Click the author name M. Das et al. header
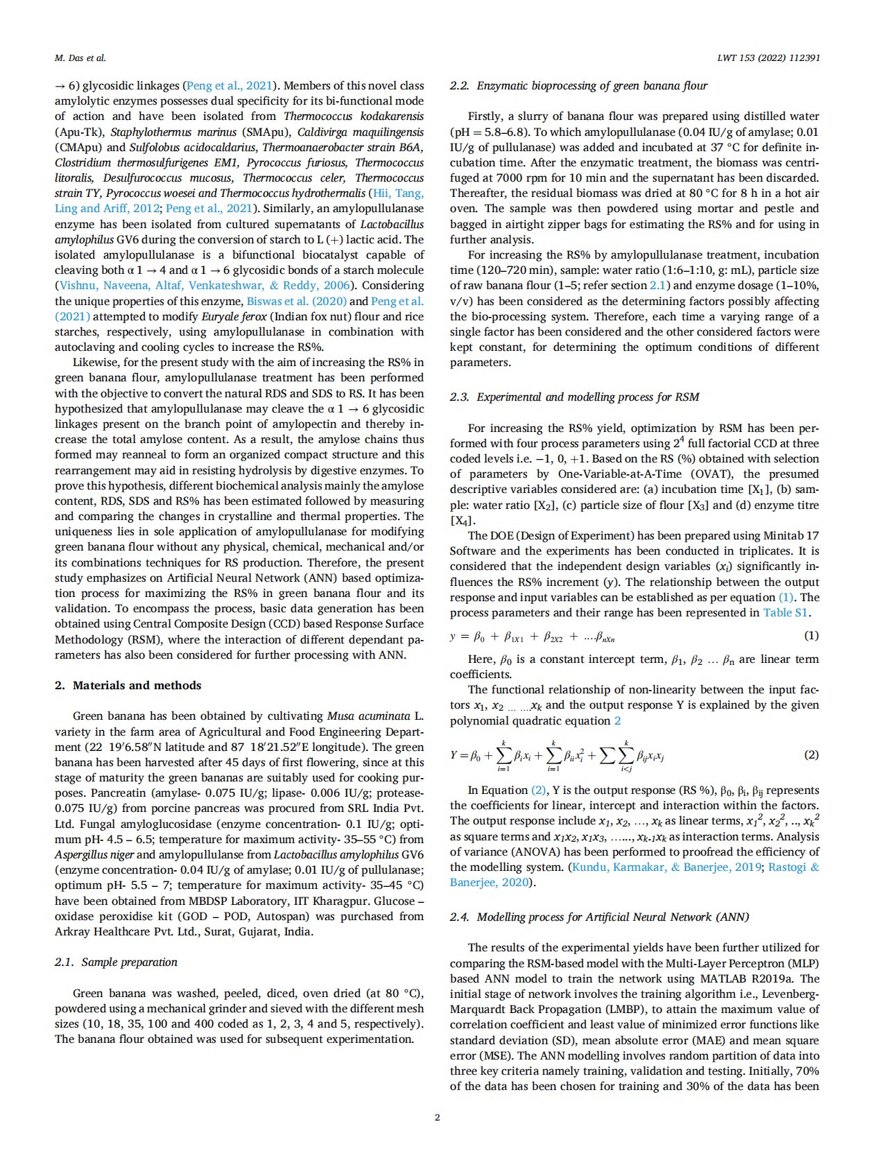80,58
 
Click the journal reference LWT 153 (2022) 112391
768,58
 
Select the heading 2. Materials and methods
128,685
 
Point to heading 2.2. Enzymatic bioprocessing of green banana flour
578,86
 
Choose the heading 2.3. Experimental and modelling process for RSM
574,397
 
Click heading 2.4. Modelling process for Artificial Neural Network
599,917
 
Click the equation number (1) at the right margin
811,636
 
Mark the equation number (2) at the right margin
811,755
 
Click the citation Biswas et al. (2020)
296,301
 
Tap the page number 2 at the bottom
437,1117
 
